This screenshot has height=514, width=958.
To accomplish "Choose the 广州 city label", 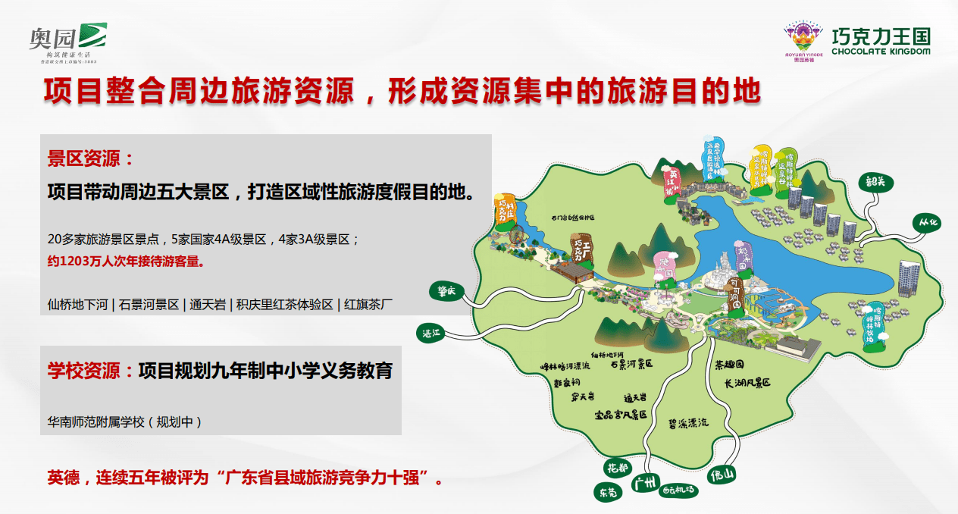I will tap(645, 482).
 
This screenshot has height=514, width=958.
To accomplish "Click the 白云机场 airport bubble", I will tap(679, 490).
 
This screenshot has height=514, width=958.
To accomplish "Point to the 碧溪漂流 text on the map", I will tap(687, 422).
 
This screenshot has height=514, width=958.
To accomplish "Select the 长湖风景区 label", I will tap(747, 384).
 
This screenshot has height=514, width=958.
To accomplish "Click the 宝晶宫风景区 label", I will tap(620, 415).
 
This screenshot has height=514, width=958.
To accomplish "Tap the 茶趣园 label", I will tap(729, 365).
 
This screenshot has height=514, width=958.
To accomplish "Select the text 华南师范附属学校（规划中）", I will tap(125, 421).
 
